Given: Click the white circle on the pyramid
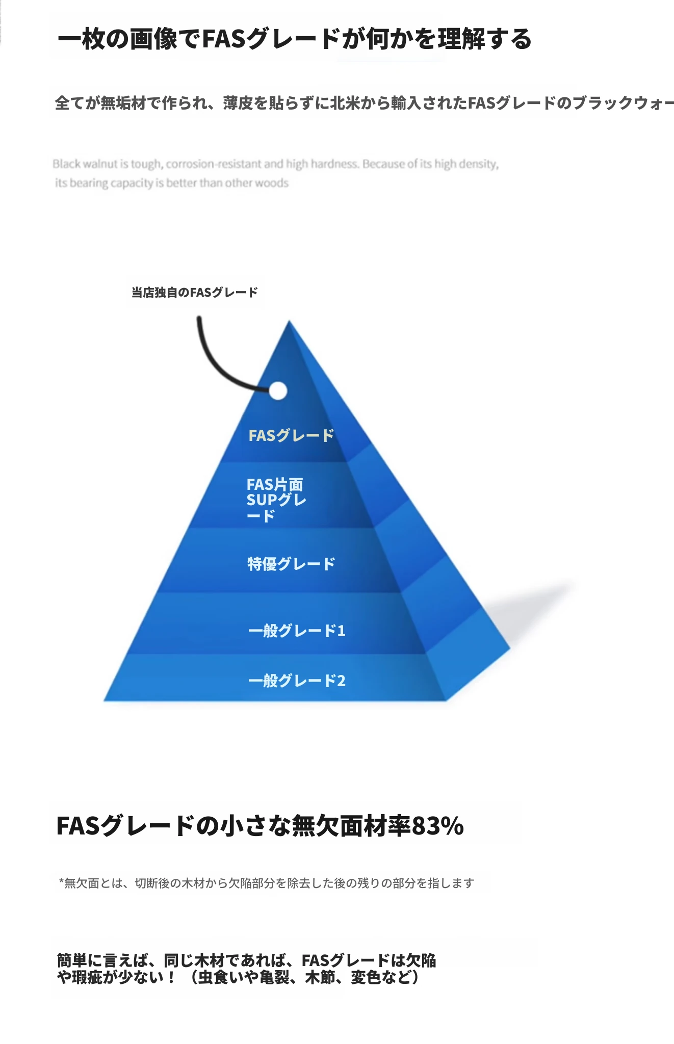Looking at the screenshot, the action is tap(277, 391).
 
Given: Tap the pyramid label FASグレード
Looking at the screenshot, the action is tap(291, 435).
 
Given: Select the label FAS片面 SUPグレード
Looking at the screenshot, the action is tap(276, 500).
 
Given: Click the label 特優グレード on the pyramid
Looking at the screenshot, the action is tap(291, 564).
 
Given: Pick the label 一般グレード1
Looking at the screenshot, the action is tap(297, 631).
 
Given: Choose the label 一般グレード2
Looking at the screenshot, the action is tap(297, 681).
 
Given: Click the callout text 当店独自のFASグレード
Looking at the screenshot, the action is tap(195, 293).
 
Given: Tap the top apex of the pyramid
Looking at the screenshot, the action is tap(289, 321).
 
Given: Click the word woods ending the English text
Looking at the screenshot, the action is tap(273, 183).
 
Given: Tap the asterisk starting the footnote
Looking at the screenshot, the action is tap(61, 881).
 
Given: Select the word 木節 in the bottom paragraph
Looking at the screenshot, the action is tap(320, 977).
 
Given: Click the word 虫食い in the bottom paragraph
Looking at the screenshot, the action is tap(220, 977).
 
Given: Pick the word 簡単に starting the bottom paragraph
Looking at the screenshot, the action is tap(80, 960).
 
